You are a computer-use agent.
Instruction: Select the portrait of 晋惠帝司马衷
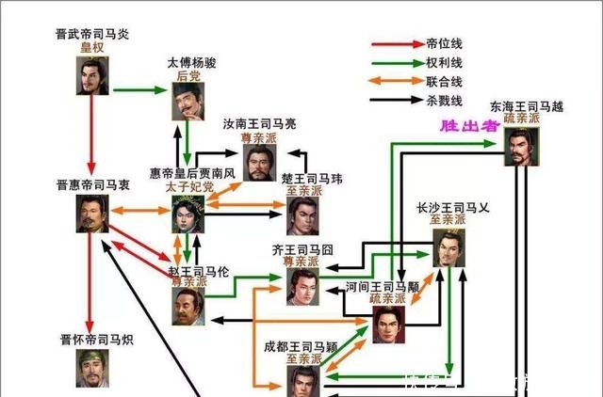[93, 213]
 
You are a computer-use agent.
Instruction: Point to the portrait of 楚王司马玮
[303, 215]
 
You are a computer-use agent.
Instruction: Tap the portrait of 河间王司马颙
[387, 324]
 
